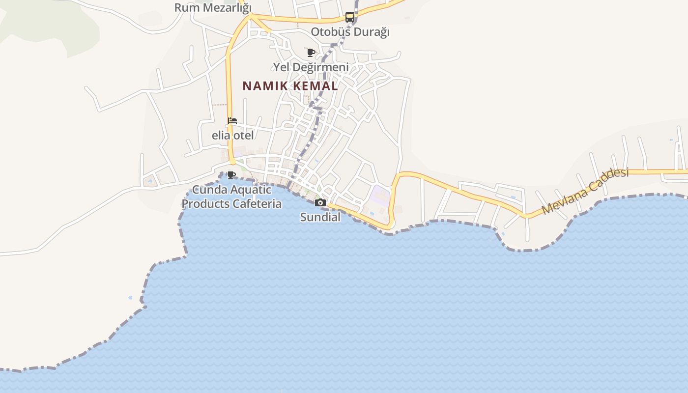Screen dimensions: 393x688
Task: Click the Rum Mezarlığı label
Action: pyautogui.click(x=213, y=8)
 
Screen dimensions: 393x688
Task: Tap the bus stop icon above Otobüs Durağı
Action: pyautogui.click(x=349, y=17)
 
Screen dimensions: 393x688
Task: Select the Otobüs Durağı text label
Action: pyautogui.click(x=350, y=32)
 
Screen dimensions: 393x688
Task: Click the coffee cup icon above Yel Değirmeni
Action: pyautogui.click(x=311, y=52)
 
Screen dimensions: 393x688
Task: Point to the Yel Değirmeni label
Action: pyautogui.click(x=311, y=67)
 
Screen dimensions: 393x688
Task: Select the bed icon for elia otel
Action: pyautogui.click(x=232, y=121)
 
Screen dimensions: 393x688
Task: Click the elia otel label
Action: pyautogui.click(x=232, y=135)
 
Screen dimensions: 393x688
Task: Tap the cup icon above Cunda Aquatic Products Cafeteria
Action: pyautogui.click(x=231, y=175)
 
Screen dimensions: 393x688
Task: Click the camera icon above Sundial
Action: pyautogui.click(x=320, y=202)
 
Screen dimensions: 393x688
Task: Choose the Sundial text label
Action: pyautogui.click(x=320, y=217)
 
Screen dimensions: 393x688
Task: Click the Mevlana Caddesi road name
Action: pyautogui.click(x=585, y=191)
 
